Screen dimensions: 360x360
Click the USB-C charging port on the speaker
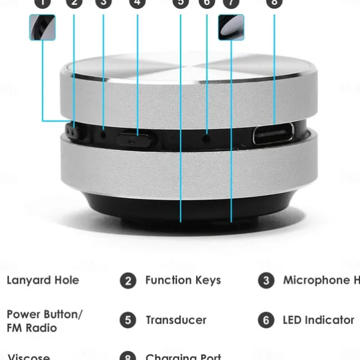(x=273, y=134)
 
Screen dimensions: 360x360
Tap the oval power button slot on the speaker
(x=136, y=140)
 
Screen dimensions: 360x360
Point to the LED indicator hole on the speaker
(x=206, y=139)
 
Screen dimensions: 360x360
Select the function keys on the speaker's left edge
(x=73, y=131)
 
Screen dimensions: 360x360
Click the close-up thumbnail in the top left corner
(x=42, y=27)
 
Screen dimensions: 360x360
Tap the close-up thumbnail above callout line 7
(x=231, y=27)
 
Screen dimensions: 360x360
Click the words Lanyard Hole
(x=42, y=280)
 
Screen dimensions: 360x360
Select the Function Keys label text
(x=183, y=280)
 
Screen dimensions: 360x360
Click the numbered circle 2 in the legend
(x=128, y=281)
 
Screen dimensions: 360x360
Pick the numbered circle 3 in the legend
(x=266, y=280)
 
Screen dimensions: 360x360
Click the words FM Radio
(x=32, y=328)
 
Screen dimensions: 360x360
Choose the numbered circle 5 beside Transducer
(x=128, y=320)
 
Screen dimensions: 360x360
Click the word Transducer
(x=176, y=320)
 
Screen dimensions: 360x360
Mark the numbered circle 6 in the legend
(x=266, y=320)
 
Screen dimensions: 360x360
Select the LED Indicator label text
(x=318, y=320)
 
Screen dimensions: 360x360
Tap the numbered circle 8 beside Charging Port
(x=128, y=356)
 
